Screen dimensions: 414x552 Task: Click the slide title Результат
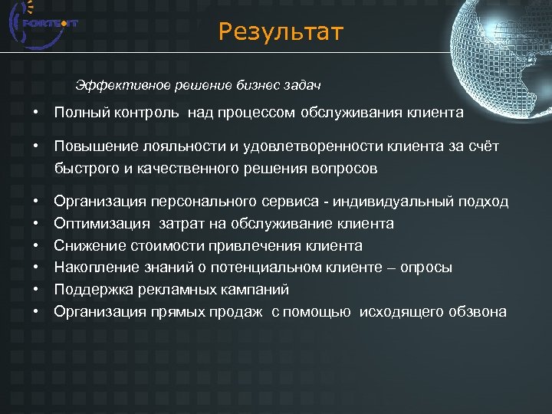[x=281, y=32]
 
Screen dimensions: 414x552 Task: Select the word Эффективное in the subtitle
[x=114, y=83]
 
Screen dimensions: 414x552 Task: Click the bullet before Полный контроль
[x=36, y=113]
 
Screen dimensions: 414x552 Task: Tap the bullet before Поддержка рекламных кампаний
[x=36, y=290]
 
